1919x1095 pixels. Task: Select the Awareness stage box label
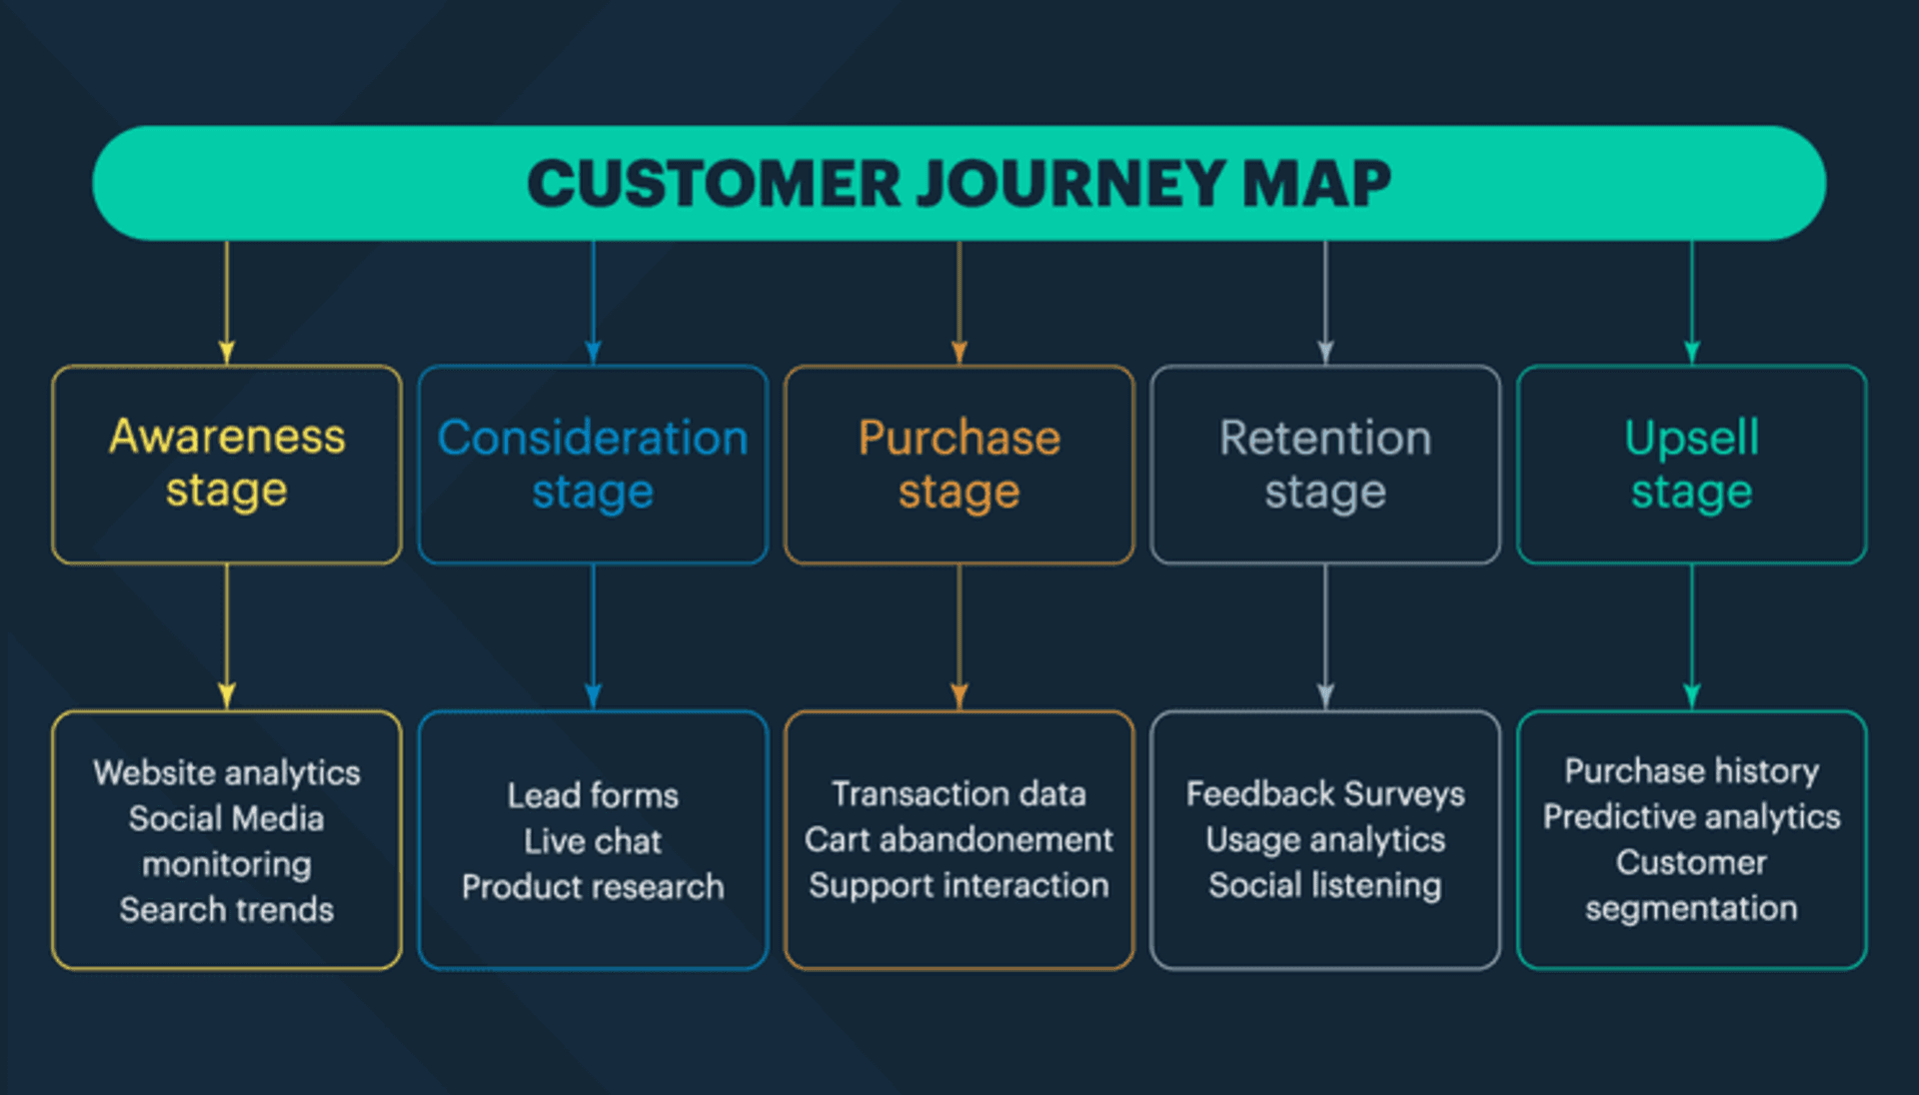pyautogui.click(x=227, y=464)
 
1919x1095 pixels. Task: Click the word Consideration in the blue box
pyautogui.click(x=593, y=439)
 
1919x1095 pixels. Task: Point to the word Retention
pyautogui.click(x=1325, y=439)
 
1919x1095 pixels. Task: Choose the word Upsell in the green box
pyautogui.click(x=1691, y=439)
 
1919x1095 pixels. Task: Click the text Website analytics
pyautogui.click(x=227, y=773)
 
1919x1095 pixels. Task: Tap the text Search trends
pyautogui.click(x=227, y=910)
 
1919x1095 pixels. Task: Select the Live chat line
pyautogui.click(x=593, y=841)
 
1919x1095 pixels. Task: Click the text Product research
pyautogui.click(x=593, y=887)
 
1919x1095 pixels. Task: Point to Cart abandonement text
pyautogui.click(x=959, y=840)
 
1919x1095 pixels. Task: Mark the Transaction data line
pyautogui.click(x=959, y=794)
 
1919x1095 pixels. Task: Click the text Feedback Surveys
pyautogui.click(x=1325, y=794)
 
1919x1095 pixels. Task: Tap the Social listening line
pyautogui.click(x=1325, y=886)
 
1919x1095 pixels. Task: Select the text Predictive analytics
pyautogui.click(x=1691, y=817)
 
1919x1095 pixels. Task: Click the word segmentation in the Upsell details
pyautogui.click(x=1691, y=909)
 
